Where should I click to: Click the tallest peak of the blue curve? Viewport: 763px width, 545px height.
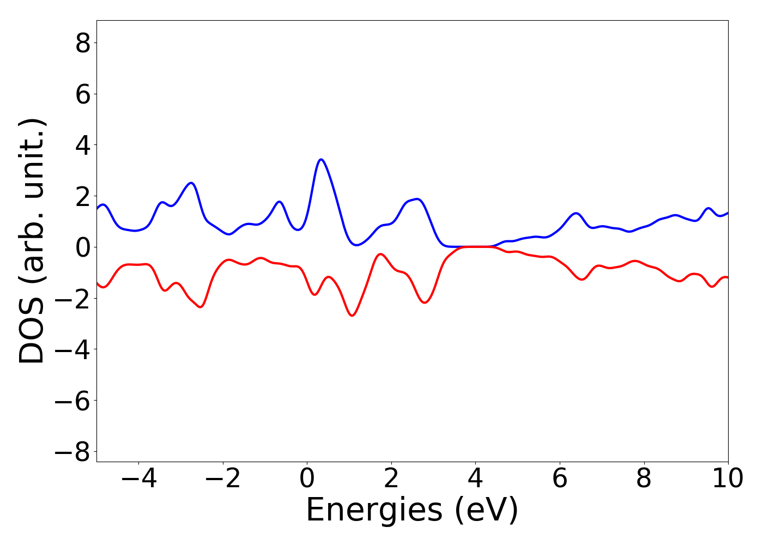coord(322,160)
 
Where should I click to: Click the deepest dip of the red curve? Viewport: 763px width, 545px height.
coord(352,315)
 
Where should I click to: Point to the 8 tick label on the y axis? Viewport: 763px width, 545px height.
coord(83,43)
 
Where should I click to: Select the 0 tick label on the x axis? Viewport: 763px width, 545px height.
coord(307,479)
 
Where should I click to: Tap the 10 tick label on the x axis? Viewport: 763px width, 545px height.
coord(728,479)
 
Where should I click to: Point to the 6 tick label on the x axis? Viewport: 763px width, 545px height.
coord(560,479)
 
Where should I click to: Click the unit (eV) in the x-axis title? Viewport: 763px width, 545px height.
coord(485,511)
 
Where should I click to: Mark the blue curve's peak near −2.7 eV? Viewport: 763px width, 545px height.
coord(191,183)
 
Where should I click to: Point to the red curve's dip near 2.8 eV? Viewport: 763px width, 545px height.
coord(425,302)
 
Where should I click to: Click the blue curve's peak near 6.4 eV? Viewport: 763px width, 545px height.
coord(576,213)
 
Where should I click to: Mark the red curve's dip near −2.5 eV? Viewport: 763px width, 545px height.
coord(201,307)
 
